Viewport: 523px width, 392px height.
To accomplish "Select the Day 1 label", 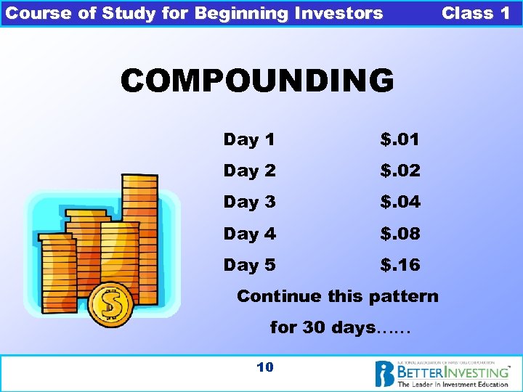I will tap(248, 139).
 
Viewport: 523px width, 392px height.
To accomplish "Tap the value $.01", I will tap(400, 139).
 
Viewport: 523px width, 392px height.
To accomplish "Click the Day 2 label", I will tap(249, 171).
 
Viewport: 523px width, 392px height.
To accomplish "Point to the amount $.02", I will tap(400, 171).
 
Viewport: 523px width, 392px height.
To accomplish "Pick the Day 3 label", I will tap(249, 203).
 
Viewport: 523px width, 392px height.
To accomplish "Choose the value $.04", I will tap(400, 203).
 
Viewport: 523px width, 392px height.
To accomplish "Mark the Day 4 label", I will tap(249, 234).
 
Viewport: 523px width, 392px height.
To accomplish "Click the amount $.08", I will tap(400, 234).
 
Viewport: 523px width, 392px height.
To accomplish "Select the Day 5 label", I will tap(249, 266).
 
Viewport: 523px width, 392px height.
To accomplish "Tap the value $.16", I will tap(400, 266).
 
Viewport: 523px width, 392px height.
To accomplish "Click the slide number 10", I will tap(265, 367).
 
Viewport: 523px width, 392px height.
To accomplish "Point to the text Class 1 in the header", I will tap(476, 13).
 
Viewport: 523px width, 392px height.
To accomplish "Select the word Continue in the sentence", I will tap(278, 296).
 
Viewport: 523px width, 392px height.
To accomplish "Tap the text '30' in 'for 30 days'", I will tap(314, 327).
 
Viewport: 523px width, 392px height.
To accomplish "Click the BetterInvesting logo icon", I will tap(384, 373).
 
